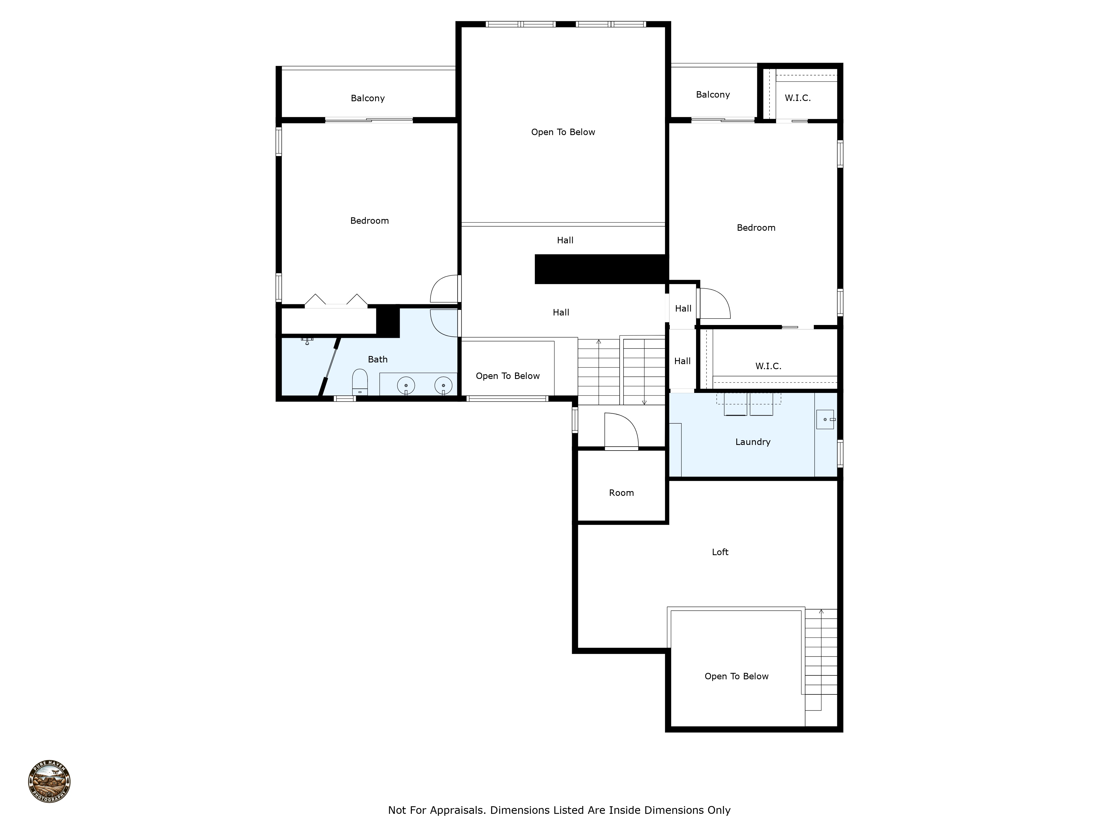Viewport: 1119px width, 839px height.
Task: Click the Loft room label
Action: [720, 552]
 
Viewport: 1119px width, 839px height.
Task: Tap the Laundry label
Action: [753, 442]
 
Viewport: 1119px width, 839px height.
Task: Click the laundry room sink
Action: [825, 419]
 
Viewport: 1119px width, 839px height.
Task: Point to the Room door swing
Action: [621, 431]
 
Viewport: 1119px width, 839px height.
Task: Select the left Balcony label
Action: [368, 98]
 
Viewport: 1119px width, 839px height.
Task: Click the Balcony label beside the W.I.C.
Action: [713, 95]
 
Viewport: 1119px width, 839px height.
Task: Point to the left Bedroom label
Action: [369, 220]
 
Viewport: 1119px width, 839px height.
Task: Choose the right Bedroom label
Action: [756, 228]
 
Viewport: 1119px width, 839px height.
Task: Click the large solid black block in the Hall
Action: [600, 269]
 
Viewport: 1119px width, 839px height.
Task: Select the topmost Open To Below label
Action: [563, 132]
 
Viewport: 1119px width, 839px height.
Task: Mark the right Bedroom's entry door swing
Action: [713, 303]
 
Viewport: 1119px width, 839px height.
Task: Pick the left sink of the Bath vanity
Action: [406, 386]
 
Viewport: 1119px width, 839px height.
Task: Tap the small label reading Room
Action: [621, 493]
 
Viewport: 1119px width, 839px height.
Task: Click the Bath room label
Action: [377, 360]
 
